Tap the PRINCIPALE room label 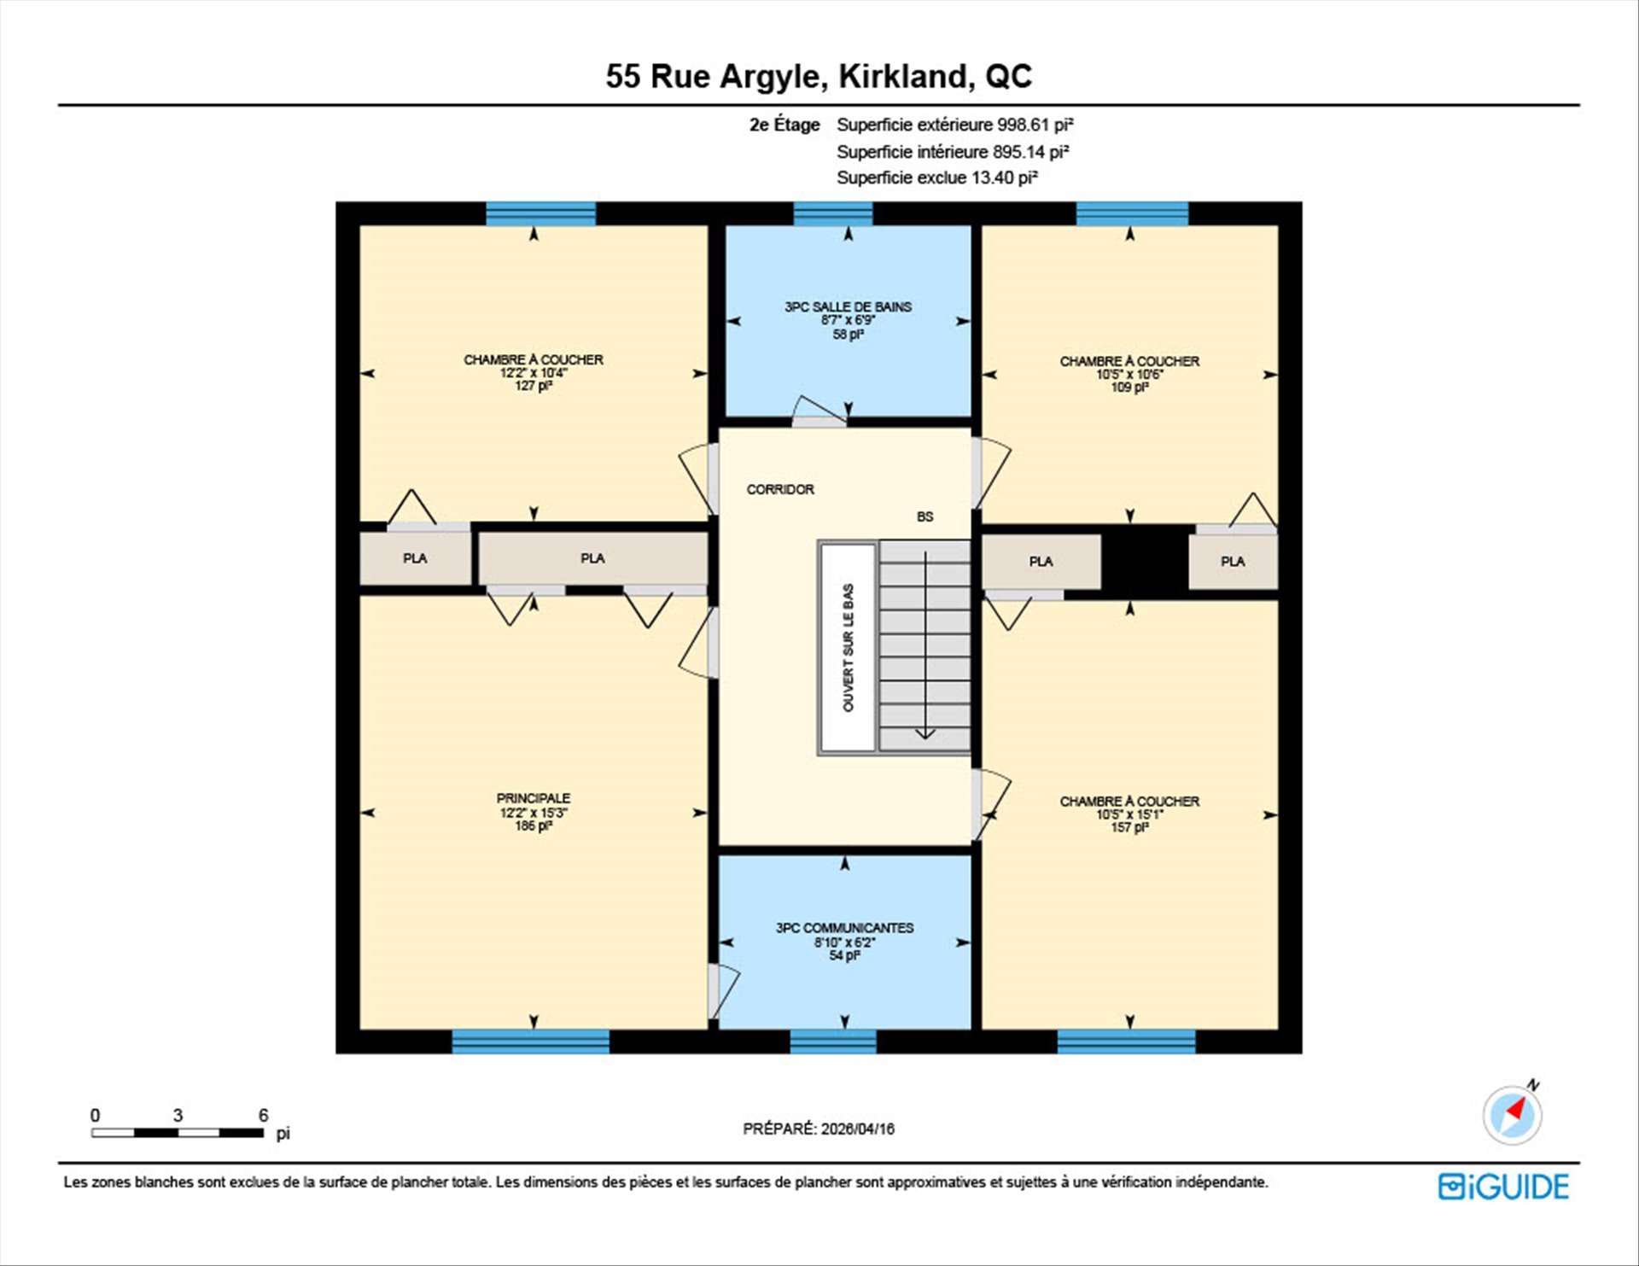tap(534, 798)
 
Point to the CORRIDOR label tap(780, 489)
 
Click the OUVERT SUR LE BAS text tap(848, 648)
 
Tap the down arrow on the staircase tap(925, 645)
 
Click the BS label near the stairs tap(925, 516)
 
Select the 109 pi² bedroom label tap(1129, 388)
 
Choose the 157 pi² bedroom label tap(1129, 827)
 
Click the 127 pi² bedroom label tap(534, 386)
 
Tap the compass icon tap(1513, 1114)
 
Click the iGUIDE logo tap(1503, 1187)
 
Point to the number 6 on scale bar tap(264, 1115)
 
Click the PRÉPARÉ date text tap(819, 1129)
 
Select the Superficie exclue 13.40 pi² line tap(937, 178)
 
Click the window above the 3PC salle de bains tap(833, 213)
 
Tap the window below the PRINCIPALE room tap(530, 1041)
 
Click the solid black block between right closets tap(1145, 561)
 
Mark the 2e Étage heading tap(785, 125)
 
